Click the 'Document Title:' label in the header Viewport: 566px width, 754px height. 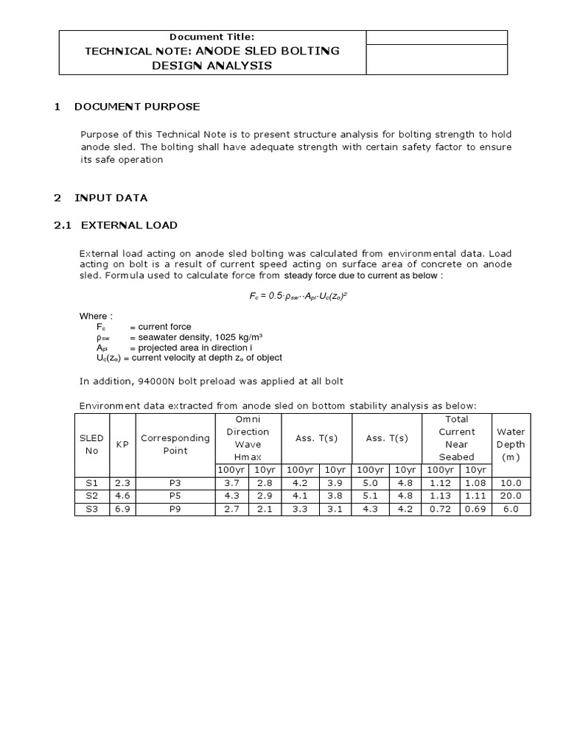212,37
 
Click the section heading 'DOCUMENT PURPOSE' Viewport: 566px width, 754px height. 136,107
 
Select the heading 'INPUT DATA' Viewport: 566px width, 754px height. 111,197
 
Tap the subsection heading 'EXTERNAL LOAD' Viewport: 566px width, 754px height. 129,225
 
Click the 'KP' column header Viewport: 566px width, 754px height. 120,445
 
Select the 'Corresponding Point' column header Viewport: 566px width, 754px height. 175,444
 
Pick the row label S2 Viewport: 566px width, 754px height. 91,496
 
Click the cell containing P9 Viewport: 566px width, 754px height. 175,508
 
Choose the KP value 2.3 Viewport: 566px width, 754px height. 120,483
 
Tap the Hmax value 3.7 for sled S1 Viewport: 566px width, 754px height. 231,483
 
